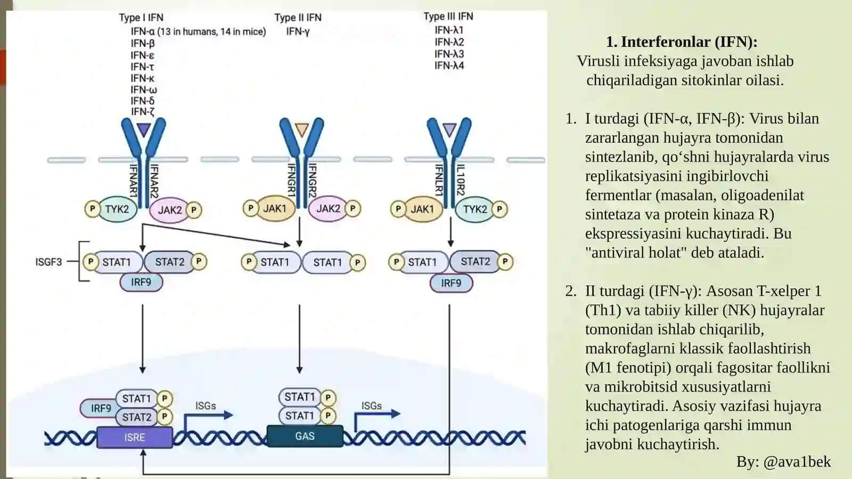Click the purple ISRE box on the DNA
pos(135,437)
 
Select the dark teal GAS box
pos(305,436)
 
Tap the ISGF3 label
pos(48,262)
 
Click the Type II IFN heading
pos(298,18)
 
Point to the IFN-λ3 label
pos(449,54)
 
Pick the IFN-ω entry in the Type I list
pos(144,90)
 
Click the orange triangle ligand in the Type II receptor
pos(301,129)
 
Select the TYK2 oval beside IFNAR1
pos(117,209)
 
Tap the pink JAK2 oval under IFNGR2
pos(328,208)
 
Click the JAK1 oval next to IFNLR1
pos(422,209)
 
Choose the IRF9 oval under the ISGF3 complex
pos(141,282)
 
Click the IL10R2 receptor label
pos(460,180)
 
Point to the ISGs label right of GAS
pos(371,406)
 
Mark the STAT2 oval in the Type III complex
pos(475,262)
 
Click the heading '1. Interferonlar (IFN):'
pos(682,42)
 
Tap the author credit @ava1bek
pos(797,461)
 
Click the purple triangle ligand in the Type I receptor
pos(144,129)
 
